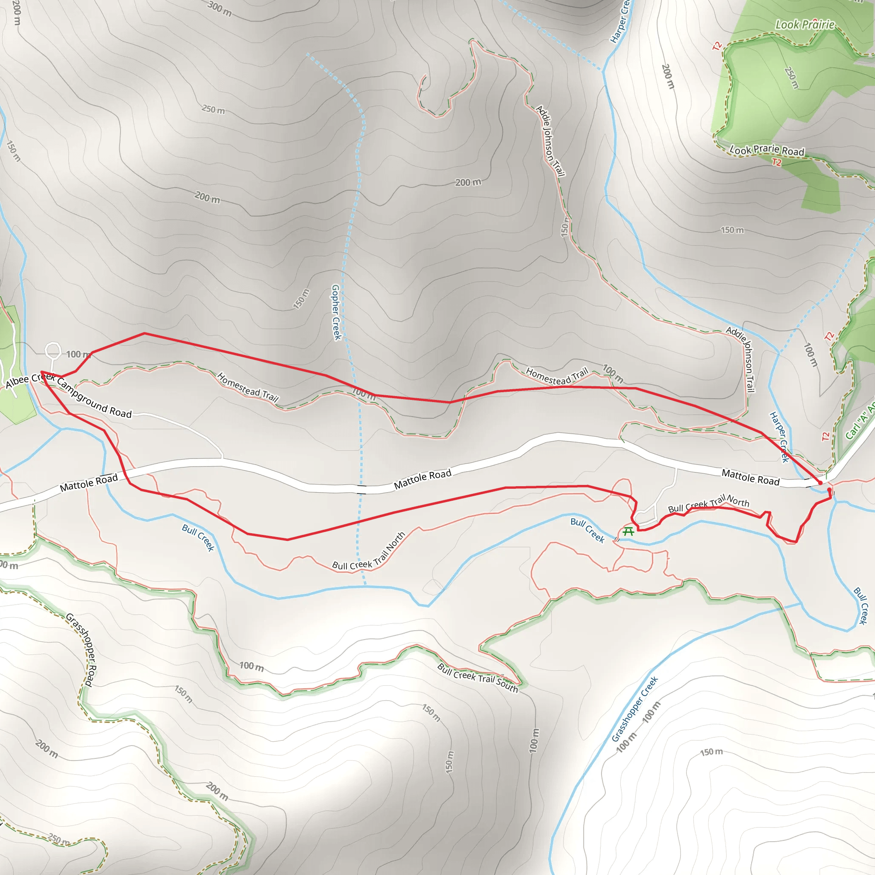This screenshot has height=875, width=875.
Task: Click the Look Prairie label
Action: pos(805,24)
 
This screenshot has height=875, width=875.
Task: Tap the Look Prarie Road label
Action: pos(767,150)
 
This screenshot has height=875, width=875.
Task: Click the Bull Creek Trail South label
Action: pos(477,678)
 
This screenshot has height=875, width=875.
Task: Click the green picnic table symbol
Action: pos(628,531)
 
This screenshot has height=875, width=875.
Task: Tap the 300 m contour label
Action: pos(220,9)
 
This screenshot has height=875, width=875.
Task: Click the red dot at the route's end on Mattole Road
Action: pos(820,483)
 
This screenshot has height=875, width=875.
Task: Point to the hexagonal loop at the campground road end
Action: pos(53,349)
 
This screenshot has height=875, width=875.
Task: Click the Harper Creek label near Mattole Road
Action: pos(779,437)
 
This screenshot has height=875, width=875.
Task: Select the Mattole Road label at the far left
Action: pos(89,482)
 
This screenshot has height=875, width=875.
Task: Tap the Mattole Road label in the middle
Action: pos(423,479)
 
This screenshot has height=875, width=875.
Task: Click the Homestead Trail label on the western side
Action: pos(247,387)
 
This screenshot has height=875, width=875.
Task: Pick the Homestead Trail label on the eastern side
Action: pos(557,376)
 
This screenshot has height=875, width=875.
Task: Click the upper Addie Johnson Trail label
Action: pos(550,141)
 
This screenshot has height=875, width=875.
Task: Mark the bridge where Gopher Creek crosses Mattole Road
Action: pos(361,489)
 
